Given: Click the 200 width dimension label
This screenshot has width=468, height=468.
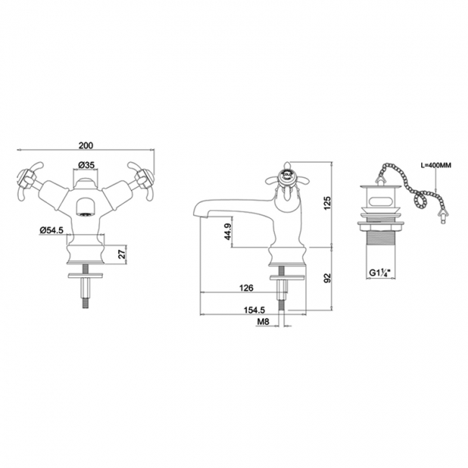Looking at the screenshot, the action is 86,145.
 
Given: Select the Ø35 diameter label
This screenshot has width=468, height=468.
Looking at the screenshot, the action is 86,164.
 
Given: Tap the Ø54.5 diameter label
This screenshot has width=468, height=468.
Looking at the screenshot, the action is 51,230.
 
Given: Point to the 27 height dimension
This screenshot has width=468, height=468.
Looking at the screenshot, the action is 122,254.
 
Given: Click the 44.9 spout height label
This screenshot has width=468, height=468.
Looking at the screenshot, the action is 228,232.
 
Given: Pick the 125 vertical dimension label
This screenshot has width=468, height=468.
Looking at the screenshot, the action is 328,202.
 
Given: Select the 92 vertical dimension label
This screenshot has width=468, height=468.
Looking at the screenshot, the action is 328,278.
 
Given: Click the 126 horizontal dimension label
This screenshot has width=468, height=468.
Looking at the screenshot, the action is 246,288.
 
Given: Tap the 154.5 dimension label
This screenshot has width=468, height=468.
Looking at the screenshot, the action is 254,310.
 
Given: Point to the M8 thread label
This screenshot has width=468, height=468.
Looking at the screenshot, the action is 264,321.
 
